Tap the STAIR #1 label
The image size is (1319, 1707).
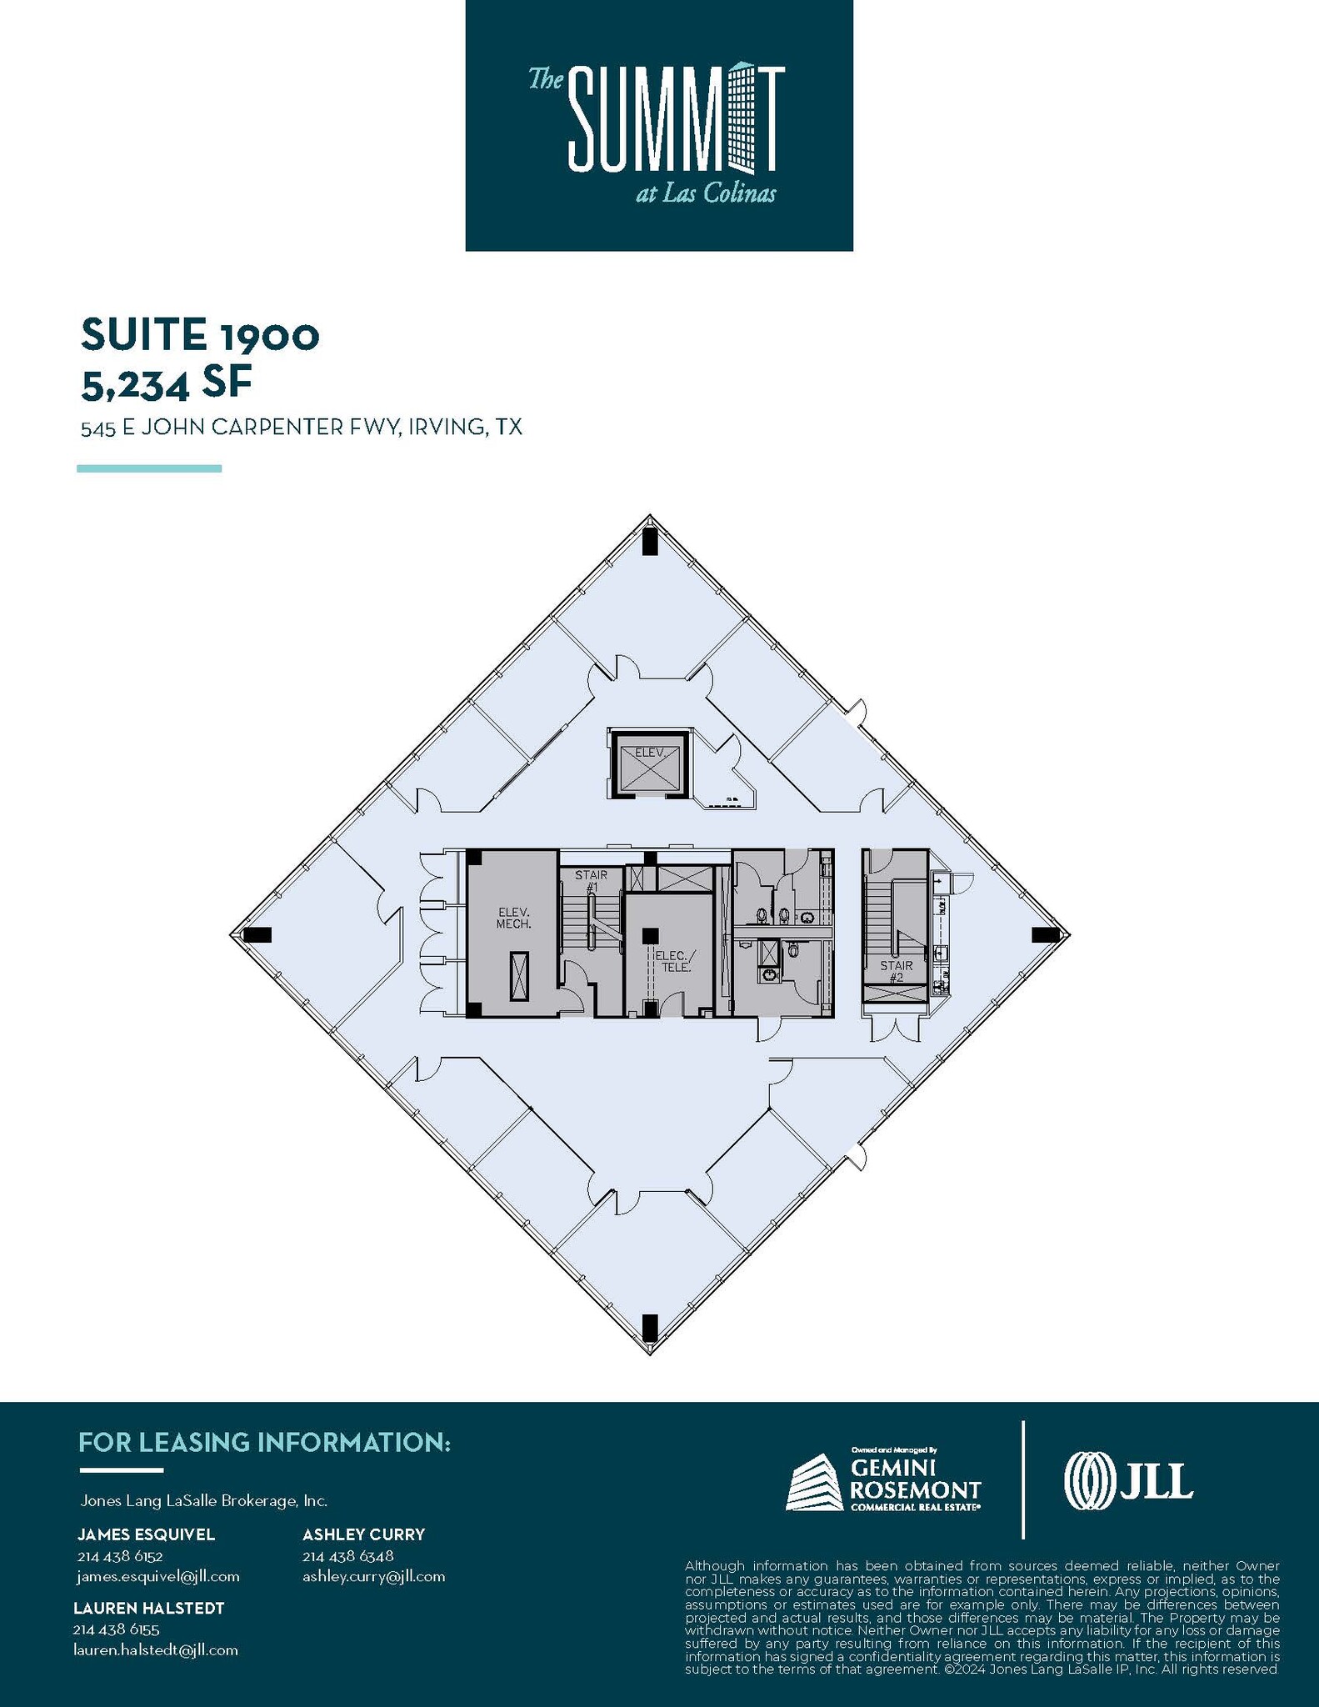591,881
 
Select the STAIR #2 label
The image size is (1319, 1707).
897,971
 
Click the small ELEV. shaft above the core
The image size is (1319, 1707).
650,763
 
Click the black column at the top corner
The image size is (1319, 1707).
650,542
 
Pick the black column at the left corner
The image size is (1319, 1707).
257,934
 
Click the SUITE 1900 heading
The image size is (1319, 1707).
200,335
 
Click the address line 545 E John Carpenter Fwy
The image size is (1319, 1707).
301,428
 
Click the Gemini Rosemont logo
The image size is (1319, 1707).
883,1482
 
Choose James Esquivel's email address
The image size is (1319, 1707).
157,1576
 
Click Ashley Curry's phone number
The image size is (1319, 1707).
347,1556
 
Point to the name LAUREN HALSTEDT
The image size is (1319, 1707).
148,1608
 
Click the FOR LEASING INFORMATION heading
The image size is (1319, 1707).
264,1442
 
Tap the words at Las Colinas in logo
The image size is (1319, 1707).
705,194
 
